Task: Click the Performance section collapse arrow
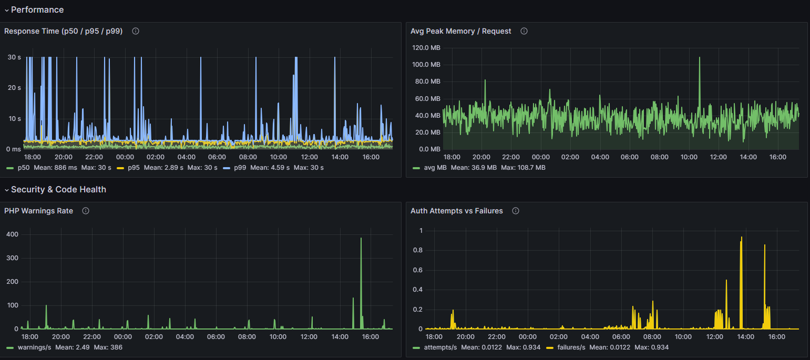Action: tap(6, 10)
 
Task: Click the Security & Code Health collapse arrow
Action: tap(6, 190)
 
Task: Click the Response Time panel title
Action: tap(63, 31)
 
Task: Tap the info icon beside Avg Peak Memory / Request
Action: tap(524, 31)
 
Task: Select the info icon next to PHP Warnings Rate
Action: tap(85, 211)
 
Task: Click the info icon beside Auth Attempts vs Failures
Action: tap(515, 211)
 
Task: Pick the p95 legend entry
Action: tap(128, 168)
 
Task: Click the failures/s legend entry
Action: tap(566, 347)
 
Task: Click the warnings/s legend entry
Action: tap(29, 347)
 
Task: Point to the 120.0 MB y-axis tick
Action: tap(426, 48)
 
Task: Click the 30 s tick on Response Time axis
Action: tap(15, 57)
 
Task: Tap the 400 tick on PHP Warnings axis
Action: tap(12, 234)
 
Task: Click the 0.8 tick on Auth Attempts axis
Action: tap(418, 250)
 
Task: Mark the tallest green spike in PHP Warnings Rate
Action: tap(361, 239)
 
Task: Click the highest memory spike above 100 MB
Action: tap(700, 58)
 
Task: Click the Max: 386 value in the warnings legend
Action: tap(108, 347)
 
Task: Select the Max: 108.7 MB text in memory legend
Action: tap(523, 168)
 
